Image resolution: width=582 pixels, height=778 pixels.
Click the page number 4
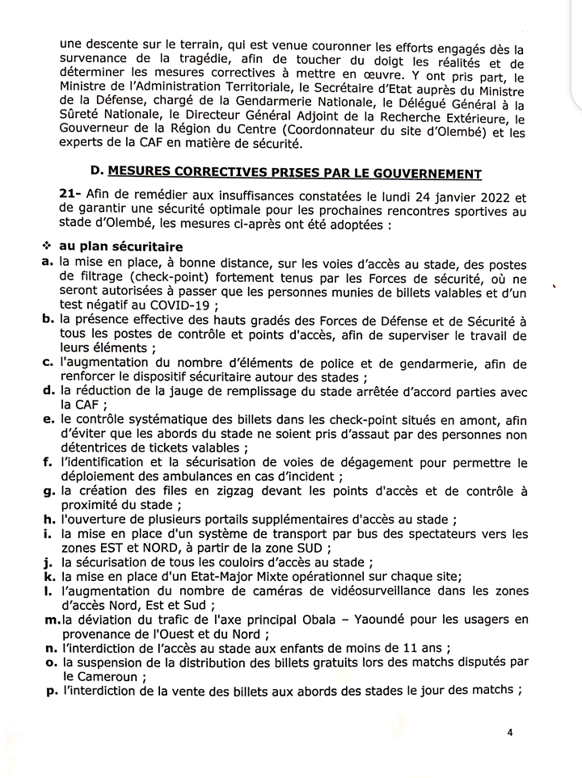pos(510,732)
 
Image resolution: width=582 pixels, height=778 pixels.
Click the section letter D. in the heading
pos(97,173)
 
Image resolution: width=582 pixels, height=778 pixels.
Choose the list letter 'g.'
pos(48,491)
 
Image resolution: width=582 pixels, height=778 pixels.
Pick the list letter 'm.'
pos(49,620)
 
